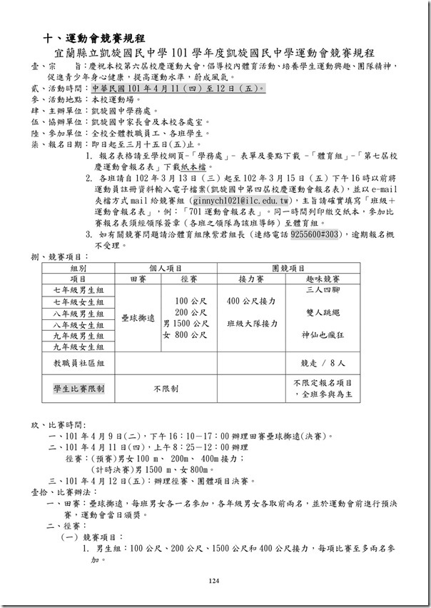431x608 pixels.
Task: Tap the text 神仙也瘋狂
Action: pyautogui.click(x=323, y=334)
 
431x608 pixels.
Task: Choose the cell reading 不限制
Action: pyautogui.click(x=165, y=389)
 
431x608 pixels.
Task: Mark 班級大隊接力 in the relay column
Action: pyautogui.click(x=253, y=324)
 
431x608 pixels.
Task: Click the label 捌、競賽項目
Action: pyautogui.click(x=61, y=256)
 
